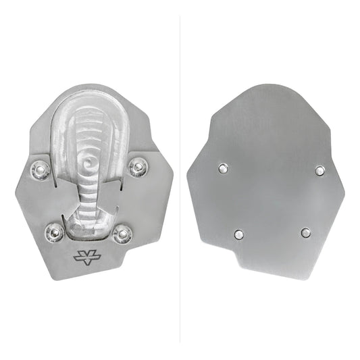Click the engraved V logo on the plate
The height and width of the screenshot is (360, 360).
[84, 257]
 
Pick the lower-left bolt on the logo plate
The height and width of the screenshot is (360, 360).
[54, 233]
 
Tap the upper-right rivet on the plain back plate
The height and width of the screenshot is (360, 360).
[319, 170]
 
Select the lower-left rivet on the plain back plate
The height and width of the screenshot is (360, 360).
[238, 234]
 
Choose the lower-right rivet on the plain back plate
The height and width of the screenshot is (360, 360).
[306, 233]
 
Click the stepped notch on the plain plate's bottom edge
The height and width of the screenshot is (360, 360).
[238, 265]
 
